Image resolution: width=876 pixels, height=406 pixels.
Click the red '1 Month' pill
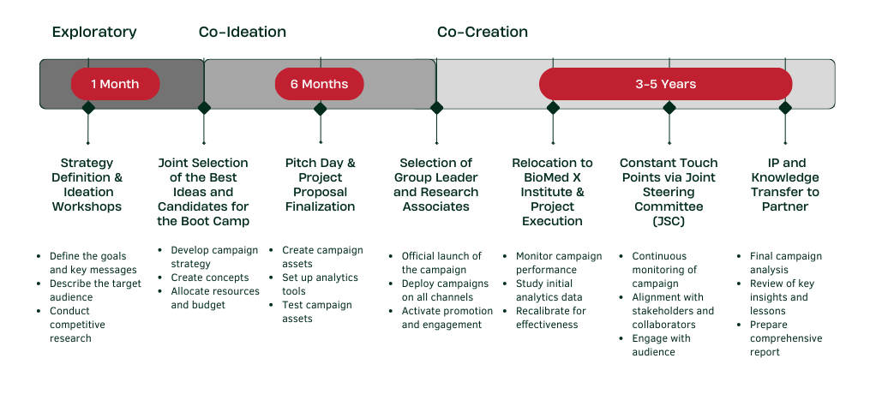(x=115, y=84)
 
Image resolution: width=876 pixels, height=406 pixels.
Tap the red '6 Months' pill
(x=319, y=84)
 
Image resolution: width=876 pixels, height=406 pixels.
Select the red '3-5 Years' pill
(x=665, y=84)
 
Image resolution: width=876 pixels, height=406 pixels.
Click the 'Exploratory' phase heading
(x=94, y=33)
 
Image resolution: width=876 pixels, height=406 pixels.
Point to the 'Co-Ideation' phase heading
(x=243, y=33)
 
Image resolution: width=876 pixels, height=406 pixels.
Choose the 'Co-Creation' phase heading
(x=483, y=33)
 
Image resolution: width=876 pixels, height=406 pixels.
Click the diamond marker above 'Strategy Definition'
(x=87, y=108)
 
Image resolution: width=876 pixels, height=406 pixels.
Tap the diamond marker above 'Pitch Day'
(x=320, y=108)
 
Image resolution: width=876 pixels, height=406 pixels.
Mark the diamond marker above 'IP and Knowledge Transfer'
(x=785, y=108)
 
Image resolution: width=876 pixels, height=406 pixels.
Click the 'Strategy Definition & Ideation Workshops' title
(x=87, y=184)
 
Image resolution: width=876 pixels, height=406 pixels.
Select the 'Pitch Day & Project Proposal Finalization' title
(x=320, y=184)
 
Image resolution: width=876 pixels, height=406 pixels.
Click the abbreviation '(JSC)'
(x=669, y=221)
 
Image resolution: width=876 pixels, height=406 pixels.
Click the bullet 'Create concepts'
(x=209, y=278)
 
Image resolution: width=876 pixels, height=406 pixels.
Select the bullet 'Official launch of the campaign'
(x=441, y=263)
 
